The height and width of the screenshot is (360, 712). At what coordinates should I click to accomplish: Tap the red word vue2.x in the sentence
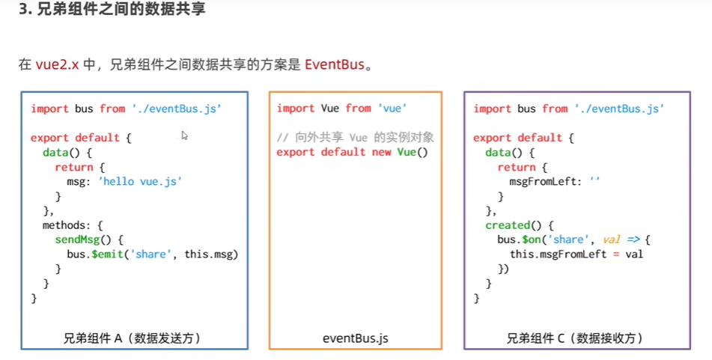click(x=57, y=64)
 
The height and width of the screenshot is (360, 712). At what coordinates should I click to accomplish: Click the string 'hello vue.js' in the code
click(x=140, y=181)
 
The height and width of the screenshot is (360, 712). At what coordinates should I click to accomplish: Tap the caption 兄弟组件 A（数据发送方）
click(x=133, y=338)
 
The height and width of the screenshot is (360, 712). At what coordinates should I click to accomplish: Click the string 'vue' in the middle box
click(x=392, y=109)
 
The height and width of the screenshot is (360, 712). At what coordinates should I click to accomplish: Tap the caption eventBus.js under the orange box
click(x=356, y=338)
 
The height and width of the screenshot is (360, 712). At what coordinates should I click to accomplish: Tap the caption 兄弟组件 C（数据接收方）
click(x=576, y=338)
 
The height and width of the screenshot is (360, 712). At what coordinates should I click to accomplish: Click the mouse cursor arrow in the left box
click(x=184, y=135)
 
